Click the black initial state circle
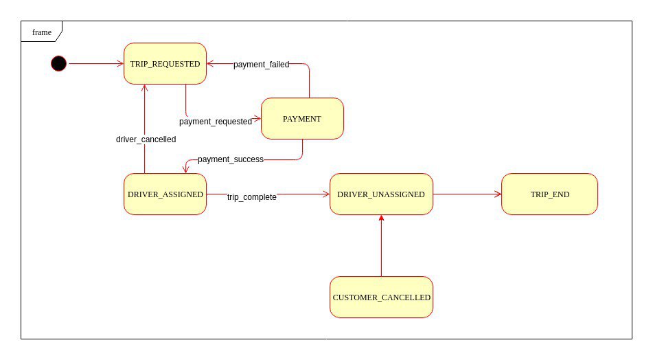click(59, 64)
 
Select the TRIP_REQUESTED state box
click(165, 64)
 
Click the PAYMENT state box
click(302, 119)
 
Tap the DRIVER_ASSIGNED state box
click(165, 194)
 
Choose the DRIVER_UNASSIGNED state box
click(382, 194)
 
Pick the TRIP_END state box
click(550, 194)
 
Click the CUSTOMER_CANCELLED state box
click(382, 297)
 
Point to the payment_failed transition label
click(261, 65)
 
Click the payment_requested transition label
click(216, 122)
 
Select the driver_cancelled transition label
click(146, 139)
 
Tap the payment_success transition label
click(230, 159)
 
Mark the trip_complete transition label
click(251, 197)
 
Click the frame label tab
click(42, 32)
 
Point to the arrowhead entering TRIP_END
click(498, 194)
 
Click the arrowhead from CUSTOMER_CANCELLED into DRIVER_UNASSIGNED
click(382, 218)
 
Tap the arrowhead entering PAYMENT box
click(257, 119)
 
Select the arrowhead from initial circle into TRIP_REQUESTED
click(120, 64)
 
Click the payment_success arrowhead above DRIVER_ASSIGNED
click(186, 170)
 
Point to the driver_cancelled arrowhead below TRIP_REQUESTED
click(144, 89)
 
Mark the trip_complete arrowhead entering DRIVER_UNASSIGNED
click(326, 194)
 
